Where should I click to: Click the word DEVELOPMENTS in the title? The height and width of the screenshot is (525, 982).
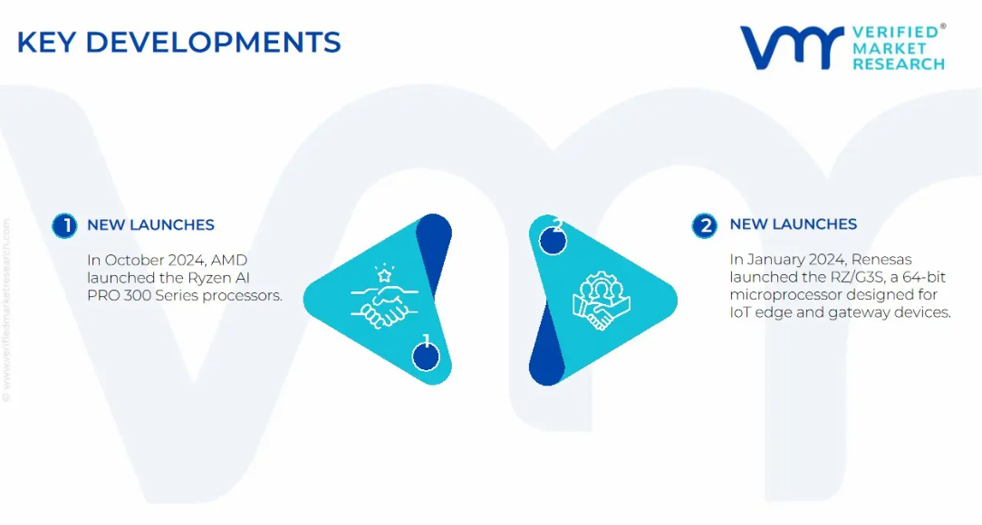click(213, 43)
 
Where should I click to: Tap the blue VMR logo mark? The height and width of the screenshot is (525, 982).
click(793, 48)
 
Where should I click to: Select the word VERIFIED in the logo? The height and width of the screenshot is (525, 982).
click(896, 33)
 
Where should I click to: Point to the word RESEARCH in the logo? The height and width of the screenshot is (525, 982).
click(899, 64)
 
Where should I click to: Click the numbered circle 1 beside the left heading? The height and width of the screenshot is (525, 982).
click(64, 226)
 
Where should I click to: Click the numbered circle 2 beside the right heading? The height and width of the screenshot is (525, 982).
click(705, 225)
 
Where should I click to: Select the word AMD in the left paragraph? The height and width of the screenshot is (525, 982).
click(229, 260)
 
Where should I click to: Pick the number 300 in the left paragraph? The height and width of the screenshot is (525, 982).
click(137, 295)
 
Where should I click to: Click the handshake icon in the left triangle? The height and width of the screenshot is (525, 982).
click(384, 297)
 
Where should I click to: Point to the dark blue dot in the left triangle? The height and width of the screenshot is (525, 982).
click(426, 357)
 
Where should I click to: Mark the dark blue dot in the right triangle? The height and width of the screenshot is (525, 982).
click(553, 241)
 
